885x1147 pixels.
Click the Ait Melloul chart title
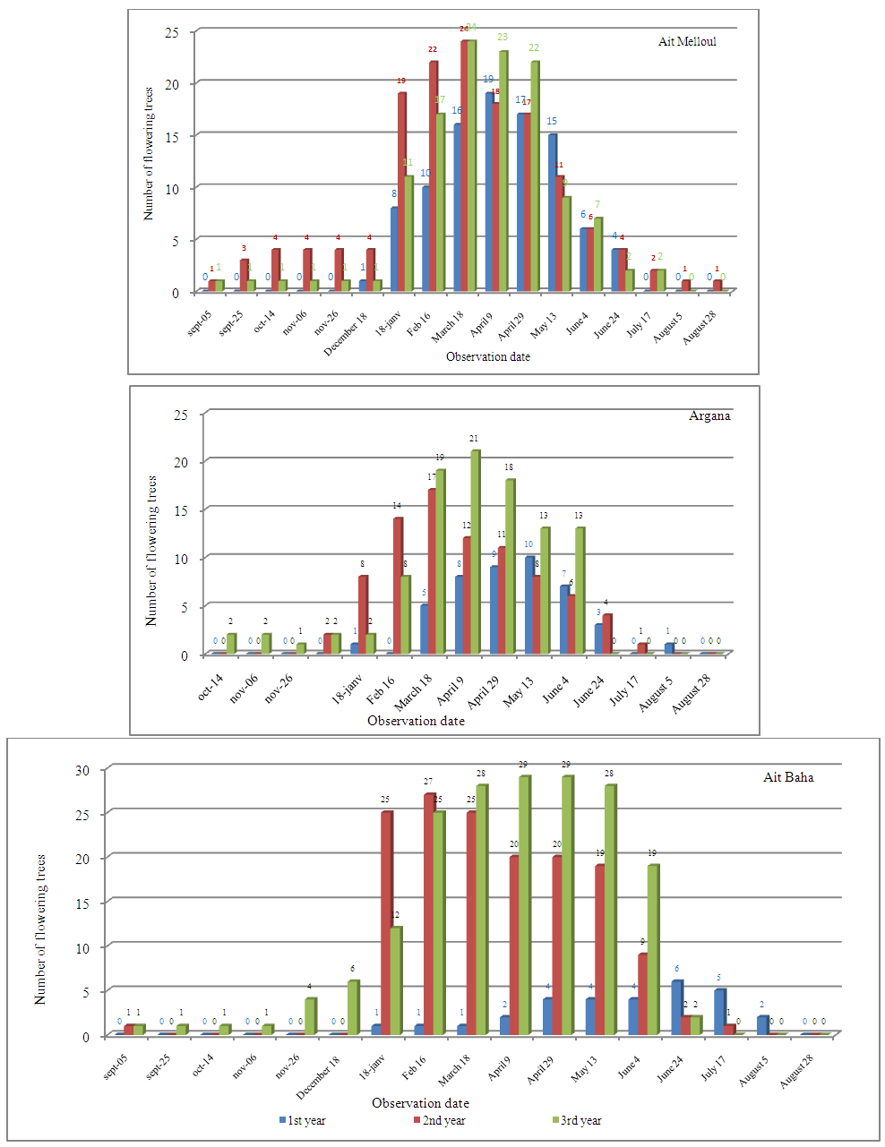(x=687, y=42)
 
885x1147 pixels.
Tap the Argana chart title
(x=709, y=415)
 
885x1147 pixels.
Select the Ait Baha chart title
(x=788, y=777)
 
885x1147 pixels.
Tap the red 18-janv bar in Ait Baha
(x=386, y=923)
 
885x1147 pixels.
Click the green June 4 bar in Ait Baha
(x=653, y=950)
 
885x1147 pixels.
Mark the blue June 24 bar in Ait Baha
(x=676, y=1008)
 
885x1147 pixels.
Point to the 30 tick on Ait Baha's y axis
(x=83, y=770)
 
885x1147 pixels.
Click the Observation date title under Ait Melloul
(x=487, y=356)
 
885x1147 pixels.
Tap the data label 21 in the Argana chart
(x=475, y=440)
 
